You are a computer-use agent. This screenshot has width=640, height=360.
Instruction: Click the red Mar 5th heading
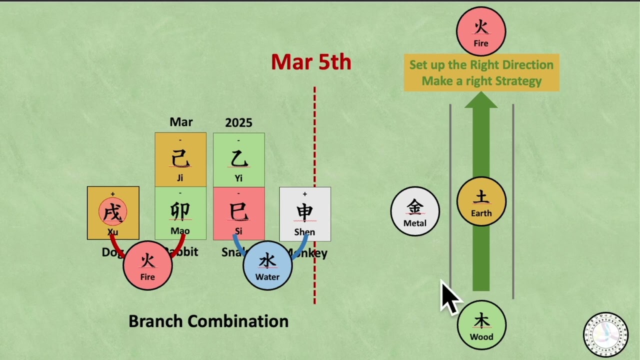[x=311, y=62]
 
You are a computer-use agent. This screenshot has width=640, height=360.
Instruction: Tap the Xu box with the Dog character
[x=113, y=213]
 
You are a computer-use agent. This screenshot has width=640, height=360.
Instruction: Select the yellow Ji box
[x=180, y=159]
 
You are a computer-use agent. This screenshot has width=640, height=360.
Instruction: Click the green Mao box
[x=180, y=213]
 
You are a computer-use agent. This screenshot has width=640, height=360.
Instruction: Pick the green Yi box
[x=238, y=159]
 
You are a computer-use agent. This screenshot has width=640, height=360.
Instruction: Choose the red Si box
[x=238, y=213]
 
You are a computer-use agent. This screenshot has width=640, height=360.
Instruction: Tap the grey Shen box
[x=304, y=213]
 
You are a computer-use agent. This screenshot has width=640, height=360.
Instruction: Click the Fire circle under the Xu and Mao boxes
[x=147, y=265]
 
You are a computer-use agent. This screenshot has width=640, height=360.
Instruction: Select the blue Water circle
[x=267, y=265]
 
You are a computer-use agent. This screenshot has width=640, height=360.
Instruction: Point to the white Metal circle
[x=415, y=211]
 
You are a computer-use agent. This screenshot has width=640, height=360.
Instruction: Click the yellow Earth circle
[x=481, y=201]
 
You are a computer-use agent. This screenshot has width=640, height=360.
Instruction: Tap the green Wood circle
[x=481, y=325]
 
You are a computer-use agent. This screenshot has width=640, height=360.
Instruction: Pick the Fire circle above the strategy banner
[x=481, y=31]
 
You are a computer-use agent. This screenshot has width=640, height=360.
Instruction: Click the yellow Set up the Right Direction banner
[x=481, y=72]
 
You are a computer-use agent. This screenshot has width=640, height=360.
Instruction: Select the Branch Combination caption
[x=208, y=321]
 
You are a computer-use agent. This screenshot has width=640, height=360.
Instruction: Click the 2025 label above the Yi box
[x=238, y=122]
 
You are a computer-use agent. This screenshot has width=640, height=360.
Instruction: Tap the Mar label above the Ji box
[x=181, y=122]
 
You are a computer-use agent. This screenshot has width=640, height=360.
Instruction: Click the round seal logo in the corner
[x=605, y=334]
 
